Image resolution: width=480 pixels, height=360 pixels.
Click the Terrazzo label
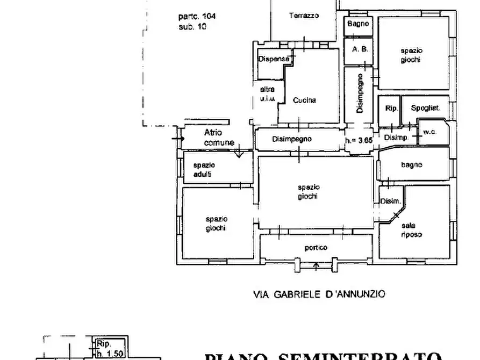(x=304, y=16)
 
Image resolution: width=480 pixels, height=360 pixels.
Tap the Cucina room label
(x=304, y=100)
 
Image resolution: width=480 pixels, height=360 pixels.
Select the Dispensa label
(x=274, y=59)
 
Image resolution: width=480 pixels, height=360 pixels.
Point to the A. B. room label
(x=360, y=49)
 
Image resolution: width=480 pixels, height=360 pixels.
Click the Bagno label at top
(x=358, y=24)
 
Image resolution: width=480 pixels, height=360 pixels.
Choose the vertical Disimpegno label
(x=361, y=93)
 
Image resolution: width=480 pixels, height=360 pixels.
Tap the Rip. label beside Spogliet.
(x=391, y=108)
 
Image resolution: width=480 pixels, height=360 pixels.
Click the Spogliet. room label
(x=425, y=108)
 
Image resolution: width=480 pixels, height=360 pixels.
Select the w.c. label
(x=429, y=132)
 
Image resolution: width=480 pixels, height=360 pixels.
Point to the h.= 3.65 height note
(x=358, y=141)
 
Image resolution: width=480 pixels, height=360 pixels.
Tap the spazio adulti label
(x=204, y=170)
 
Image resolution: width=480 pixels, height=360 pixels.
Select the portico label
(x=316, y=248)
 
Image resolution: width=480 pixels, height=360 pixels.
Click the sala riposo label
(x=411, y=230)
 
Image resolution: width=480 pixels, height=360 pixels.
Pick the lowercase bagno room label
(x=411, y=165)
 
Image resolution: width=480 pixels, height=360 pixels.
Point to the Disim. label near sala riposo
(x=390, y=201)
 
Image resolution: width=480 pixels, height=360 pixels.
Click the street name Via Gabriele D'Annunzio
(x=319, y=294)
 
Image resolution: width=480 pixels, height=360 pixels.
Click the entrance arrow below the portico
(x=316, y=265)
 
